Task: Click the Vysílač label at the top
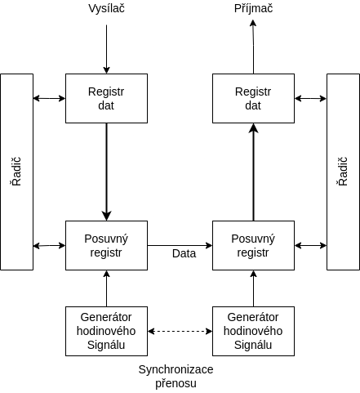[x=106, y=8]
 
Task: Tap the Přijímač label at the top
[x=253, y=8]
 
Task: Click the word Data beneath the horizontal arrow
[x=184, y=253]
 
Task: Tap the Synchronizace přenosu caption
[x=176, y=377]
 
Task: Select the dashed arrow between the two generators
[x=180, y=331]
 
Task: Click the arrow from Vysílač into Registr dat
[x=106, y=49]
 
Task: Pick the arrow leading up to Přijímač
[x=253, y=47]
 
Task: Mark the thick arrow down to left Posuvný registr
[x=106, y=172]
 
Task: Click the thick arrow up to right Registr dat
[x=253, y=172]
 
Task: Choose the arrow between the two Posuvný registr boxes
[x=180, y=245]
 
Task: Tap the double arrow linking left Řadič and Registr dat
[x=49, y=98]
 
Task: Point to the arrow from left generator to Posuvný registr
[x=106, y=288]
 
